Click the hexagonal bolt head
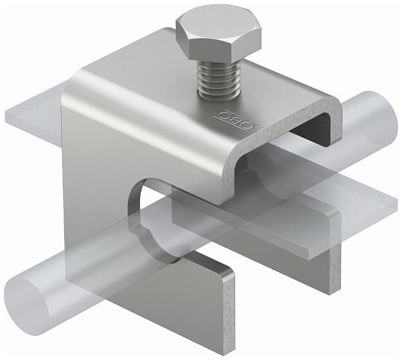(x=219, y=39)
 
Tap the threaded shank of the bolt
(x=219, y=81)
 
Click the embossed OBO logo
(x=237, y=120)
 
